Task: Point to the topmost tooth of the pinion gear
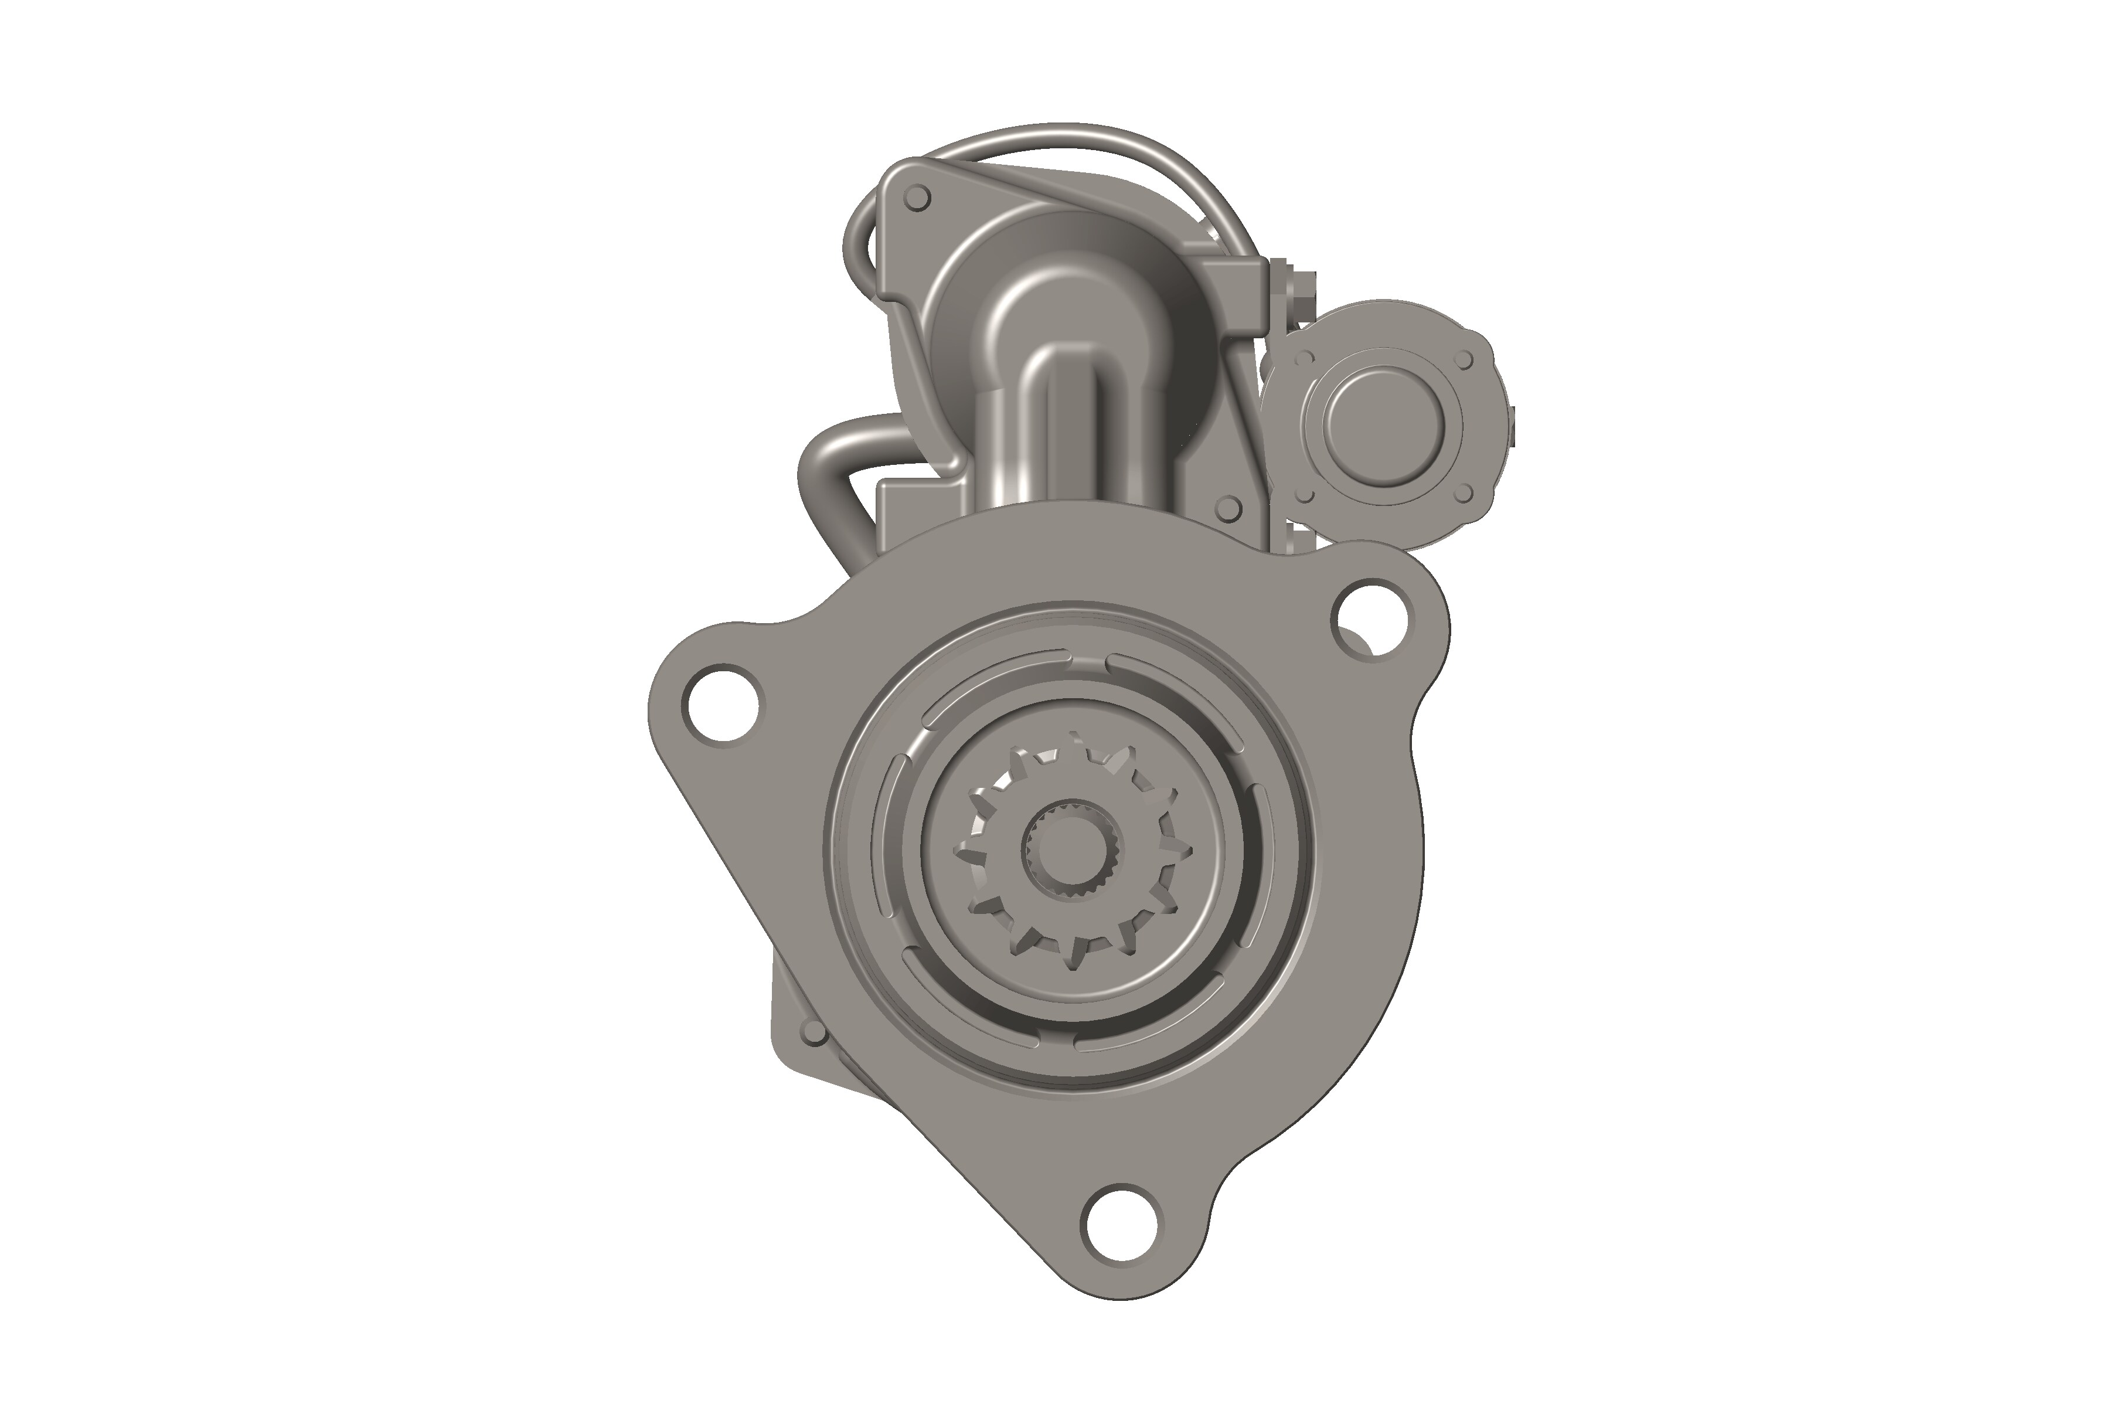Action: (1074, 743)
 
